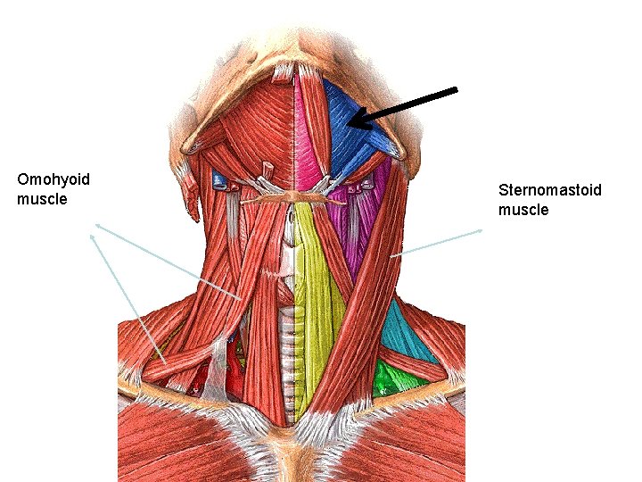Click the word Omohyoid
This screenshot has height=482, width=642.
click(x=53, y=179)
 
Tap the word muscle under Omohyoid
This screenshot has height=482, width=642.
click(x=42, y=199)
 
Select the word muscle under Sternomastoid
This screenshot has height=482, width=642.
click(x=523, y=210)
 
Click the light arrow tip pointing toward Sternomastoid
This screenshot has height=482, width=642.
click(x=482, y=230)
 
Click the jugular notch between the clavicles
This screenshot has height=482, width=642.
click(x=289, y=428)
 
